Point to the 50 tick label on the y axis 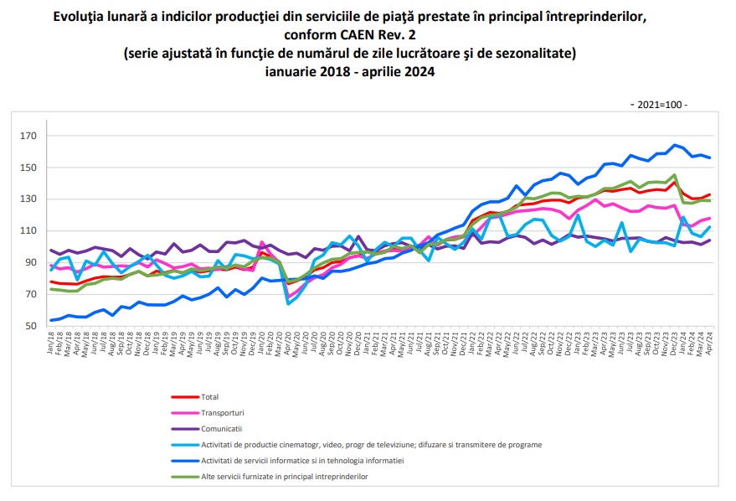click(x=31, y=326)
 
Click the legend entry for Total click(x=210, y=396)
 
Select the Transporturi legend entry click(x=224, y=412)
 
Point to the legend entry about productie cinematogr click(x=371, y=444)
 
